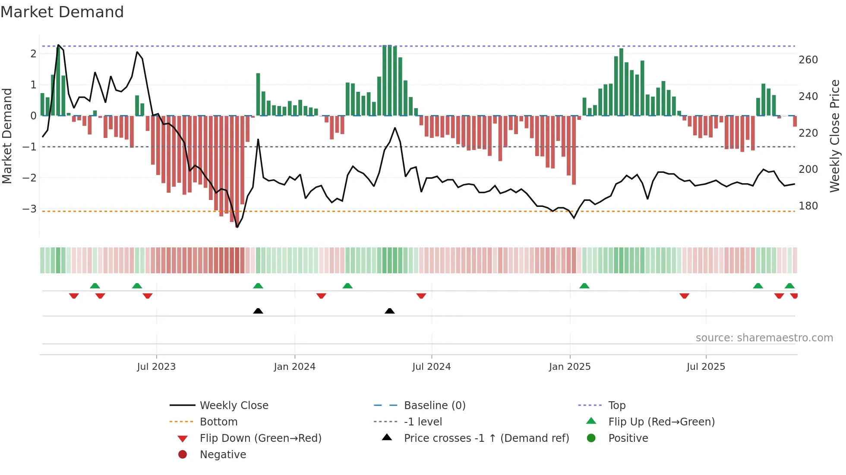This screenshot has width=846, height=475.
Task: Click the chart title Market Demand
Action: (x=62, y=12)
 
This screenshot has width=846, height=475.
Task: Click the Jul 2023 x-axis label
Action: (x=156, y=367)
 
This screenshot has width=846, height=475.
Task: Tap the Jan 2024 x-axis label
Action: (x=294, y=367)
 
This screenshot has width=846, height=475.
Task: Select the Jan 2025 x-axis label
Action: (x=569, y=367)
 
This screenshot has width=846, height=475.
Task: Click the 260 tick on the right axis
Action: (x=808, y=60)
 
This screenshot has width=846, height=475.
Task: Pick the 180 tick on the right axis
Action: (x=808, y=206)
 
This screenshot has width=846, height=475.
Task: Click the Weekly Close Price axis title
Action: (x=835, y=136)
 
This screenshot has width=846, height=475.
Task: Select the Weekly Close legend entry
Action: (x=234, y=406)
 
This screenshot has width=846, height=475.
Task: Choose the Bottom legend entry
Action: (x=218, y=422)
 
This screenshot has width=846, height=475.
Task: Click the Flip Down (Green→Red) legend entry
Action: (x=260, y=438)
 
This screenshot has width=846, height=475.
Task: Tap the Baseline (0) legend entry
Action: (x=434, y=406)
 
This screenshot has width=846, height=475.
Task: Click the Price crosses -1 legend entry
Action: (x=486, y=438)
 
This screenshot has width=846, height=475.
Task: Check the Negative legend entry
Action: (x=223, y=455)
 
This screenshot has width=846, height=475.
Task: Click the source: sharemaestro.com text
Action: (x=764, y=338)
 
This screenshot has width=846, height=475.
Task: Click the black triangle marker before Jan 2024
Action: (x=258, y=311)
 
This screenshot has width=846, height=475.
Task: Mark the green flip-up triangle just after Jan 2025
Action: (x=584, y=286)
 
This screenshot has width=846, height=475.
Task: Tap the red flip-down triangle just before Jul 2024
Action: (x=421, y=296)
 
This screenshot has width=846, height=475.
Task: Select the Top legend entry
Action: (x=616, y=406)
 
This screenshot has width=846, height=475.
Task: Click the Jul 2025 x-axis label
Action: (x=706, y=367)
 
